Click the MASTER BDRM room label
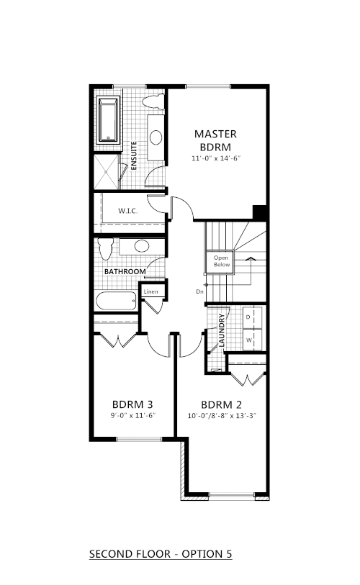(215, 140)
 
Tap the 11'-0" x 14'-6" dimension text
(216, 158)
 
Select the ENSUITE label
(134, 155)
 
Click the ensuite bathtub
(109, 119)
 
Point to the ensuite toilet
(153, 101)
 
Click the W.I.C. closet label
(128, 211)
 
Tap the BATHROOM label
(125, 271)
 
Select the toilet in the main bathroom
(106, 248)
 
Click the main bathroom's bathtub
(116, 301)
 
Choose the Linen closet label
(151, 291)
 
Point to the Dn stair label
(199, 291)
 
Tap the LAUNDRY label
(222, 330)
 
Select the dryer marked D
(252, 317)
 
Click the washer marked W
(252, 340)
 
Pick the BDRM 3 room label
(132, 404)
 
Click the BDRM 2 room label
(222, 405)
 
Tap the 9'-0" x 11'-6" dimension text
(133, 416)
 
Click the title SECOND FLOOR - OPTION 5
(161, 554)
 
